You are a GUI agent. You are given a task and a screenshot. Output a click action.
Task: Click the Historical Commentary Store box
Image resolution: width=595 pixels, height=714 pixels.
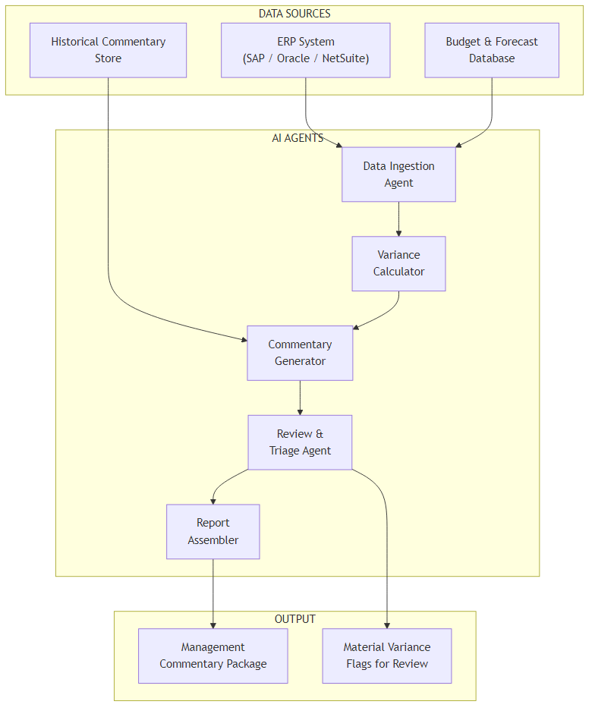(x=108, y=50)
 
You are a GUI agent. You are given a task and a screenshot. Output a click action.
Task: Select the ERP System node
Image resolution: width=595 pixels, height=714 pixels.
(x=305, y=50)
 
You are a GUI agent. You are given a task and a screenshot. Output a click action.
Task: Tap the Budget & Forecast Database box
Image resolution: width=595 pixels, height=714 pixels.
(x=491, y=50)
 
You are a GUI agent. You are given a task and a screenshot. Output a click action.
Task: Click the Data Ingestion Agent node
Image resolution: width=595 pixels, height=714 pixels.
(x=398, y=175)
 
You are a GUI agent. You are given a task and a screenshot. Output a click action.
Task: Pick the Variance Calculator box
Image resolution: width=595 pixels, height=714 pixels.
(x=398, y=263)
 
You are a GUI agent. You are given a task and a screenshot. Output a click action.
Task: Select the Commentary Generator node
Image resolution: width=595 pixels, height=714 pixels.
(x=300, y=353)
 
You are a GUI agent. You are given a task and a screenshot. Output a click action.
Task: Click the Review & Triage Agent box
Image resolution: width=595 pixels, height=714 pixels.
(x=300, y=442)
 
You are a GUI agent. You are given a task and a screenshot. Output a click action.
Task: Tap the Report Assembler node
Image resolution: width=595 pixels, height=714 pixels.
(x=212, y=531)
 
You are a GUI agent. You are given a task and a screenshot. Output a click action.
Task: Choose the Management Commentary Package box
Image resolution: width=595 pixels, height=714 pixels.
(x=212, y=656)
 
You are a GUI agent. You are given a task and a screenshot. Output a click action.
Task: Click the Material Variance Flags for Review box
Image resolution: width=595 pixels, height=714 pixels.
(x=386, y=656)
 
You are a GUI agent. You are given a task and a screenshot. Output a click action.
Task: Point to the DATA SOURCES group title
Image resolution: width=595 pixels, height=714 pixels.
(x=294, y=14)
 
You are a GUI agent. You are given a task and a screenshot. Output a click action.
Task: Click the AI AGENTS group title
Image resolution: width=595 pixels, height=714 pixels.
(x=297, y=138)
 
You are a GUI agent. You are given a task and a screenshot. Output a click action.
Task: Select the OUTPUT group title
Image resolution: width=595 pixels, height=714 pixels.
(x=294, y=619)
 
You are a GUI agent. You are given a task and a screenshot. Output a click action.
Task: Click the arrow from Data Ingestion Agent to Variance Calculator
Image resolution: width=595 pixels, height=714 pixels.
(x=398, y=219)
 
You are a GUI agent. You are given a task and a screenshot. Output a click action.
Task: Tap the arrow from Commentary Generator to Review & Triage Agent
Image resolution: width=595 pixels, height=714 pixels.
(x=300, y=397)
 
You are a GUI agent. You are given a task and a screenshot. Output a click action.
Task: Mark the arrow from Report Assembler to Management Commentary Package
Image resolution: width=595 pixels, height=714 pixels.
(x=212, y=592)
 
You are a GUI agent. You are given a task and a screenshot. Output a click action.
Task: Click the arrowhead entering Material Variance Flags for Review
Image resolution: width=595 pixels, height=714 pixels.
(x=387, y=624)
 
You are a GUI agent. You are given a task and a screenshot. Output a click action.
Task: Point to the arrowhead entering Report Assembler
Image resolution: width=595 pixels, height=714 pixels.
(x=213, y=501)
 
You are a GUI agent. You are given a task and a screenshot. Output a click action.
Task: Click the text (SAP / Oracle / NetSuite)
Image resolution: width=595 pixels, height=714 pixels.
(x=305, y=58)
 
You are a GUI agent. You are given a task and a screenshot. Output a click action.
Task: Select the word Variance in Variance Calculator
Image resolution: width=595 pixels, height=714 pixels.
(x=398, y=255)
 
